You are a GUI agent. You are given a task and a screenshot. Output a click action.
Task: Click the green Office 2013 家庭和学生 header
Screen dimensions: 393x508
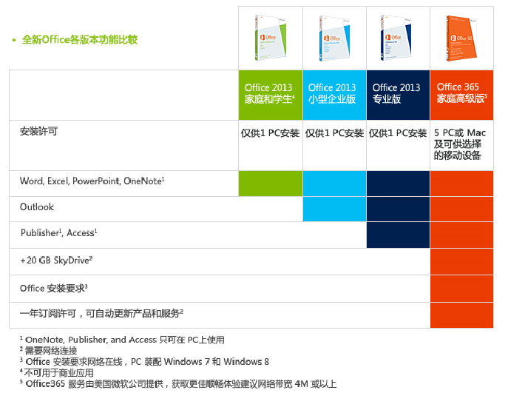tap(271, 93)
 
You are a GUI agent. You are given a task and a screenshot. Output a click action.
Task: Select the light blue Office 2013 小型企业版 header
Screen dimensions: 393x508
tap(334, 93)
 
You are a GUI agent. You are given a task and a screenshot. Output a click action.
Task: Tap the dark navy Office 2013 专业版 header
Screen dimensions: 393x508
tap(398, 93)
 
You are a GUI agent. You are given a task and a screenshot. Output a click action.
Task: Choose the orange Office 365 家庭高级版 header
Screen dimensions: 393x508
tap(461, 93)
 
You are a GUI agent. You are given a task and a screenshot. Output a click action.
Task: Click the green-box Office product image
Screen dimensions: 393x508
tap(270, 37)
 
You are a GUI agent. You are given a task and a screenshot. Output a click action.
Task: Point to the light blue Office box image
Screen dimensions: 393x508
tap(334, 37)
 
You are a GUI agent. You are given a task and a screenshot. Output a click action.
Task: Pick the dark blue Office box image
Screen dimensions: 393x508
tap(398, 37)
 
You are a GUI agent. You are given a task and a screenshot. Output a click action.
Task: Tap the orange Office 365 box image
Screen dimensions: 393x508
tap(461, 37)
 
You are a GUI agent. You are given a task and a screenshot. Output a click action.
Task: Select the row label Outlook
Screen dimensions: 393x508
tap(37, 207)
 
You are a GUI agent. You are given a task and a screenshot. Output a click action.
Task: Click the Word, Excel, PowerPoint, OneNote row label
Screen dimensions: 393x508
tap(92, 181)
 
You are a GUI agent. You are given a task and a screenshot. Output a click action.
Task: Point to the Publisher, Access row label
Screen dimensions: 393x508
tap(59, 233)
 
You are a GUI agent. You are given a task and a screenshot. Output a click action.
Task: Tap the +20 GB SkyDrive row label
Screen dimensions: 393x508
tap(56, 261)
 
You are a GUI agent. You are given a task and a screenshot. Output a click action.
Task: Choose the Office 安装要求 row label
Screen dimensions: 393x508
tap(54, 288)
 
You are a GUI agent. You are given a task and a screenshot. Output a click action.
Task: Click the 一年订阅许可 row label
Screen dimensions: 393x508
tap(101, 314)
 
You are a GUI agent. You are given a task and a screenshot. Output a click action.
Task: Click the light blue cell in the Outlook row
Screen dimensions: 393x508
tap(334, 209)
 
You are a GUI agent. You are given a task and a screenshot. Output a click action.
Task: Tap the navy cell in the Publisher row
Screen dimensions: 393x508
tap(398, 235)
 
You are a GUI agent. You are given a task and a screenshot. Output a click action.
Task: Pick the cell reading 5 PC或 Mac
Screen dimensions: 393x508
tap(461, 144)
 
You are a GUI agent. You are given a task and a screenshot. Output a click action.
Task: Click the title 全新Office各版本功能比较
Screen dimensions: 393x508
tap(80, 40)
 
